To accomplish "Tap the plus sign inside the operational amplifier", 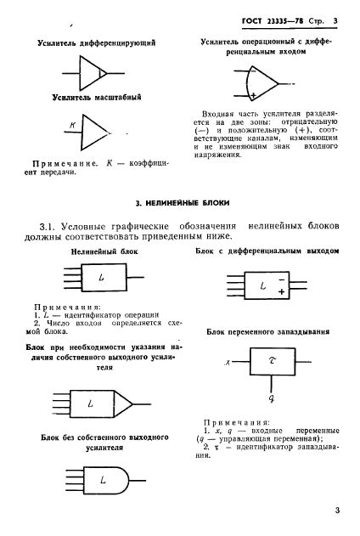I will coord(254,95).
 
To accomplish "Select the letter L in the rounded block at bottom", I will coord(102,480).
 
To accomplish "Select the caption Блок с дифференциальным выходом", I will coord(267,252).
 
